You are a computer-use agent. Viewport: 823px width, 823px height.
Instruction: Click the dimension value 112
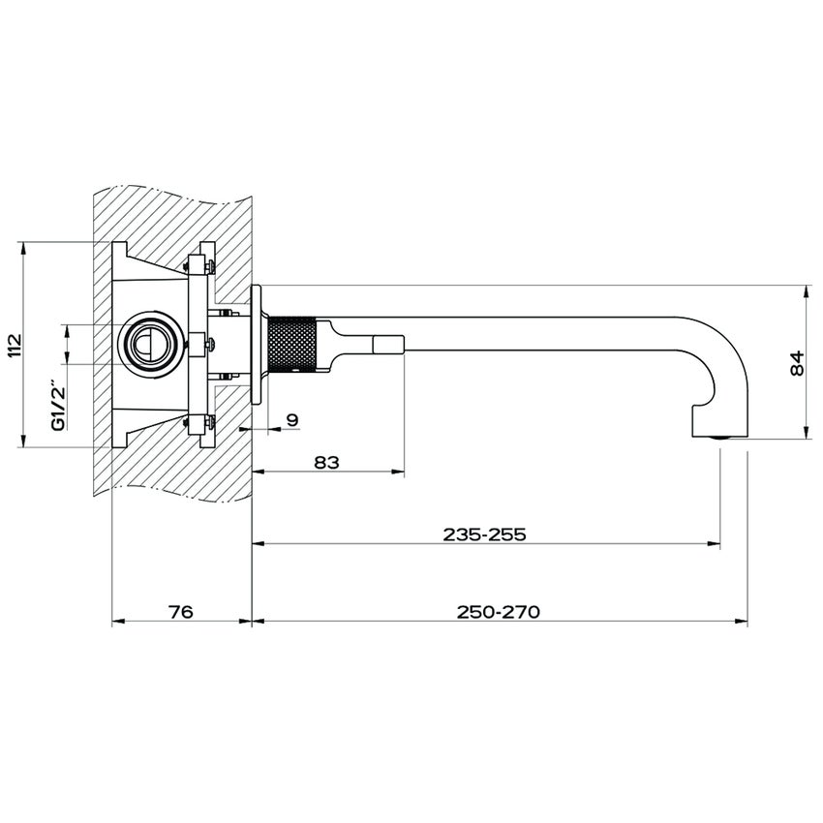15,346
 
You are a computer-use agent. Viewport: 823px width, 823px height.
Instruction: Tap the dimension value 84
796,363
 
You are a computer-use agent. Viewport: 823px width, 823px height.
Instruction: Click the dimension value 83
326,462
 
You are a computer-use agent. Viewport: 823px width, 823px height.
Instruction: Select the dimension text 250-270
498,612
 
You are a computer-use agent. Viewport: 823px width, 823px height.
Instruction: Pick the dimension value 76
181,612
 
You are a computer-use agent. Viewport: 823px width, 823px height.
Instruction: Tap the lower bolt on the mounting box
200,423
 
